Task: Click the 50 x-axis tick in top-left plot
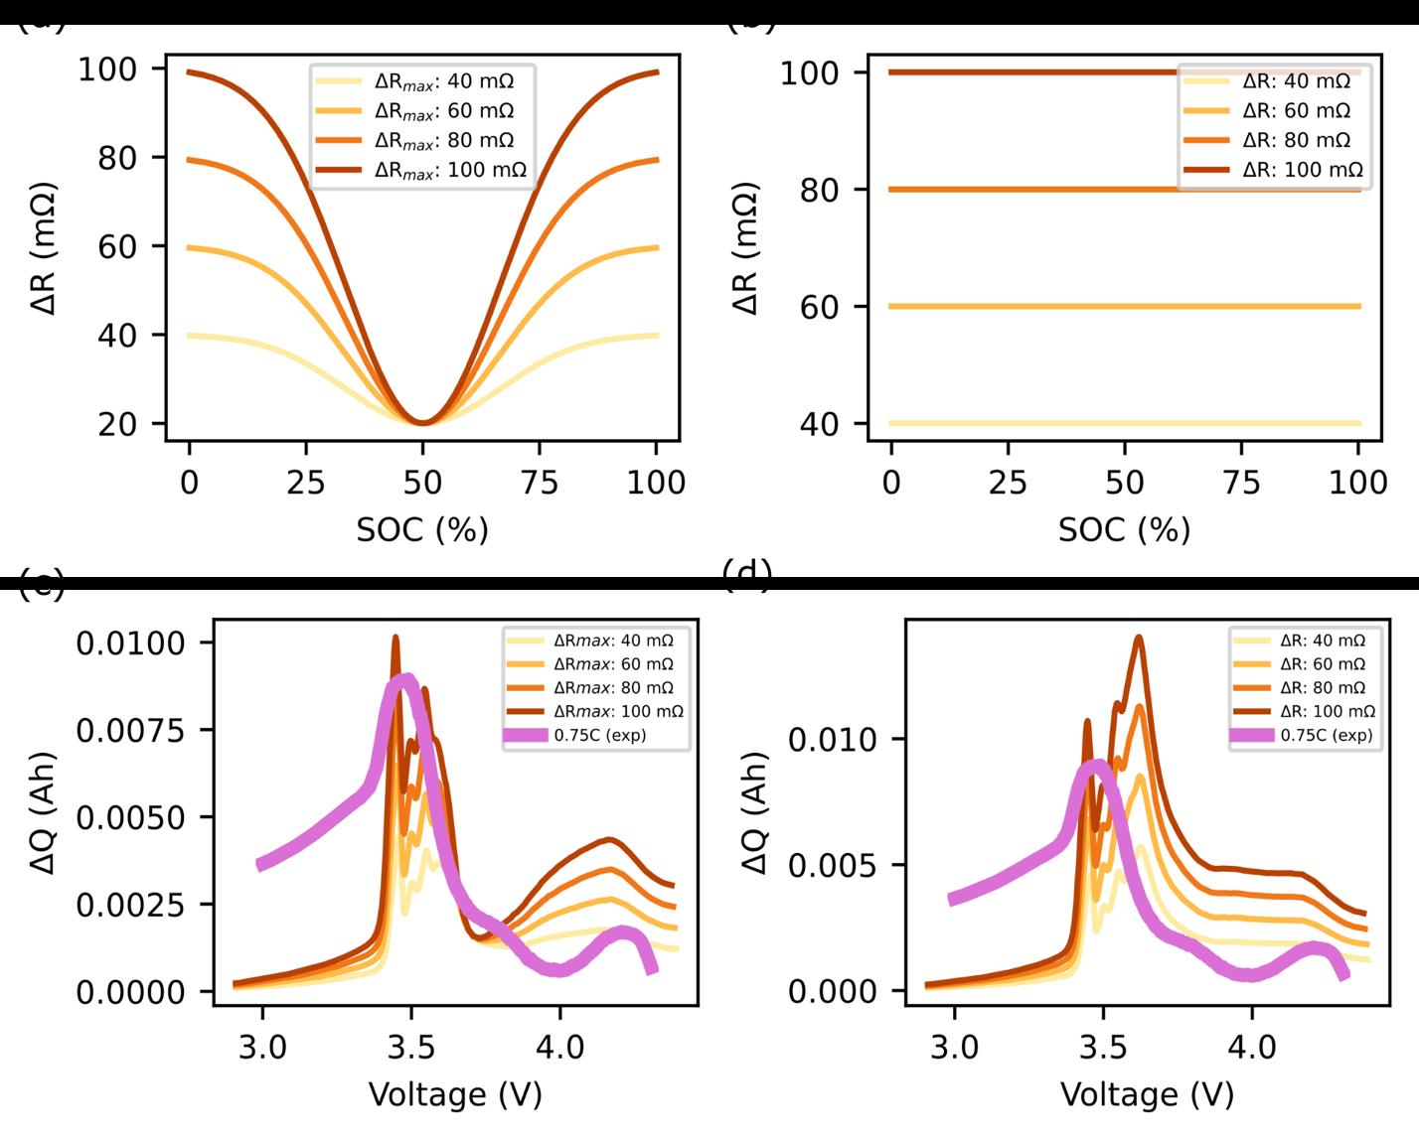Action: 422,483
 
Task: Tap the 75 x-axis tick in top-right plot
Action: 1241,483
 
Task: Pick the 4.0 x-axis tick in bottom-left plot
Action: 559,1048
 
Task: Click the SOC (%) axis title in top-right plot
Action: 1124,529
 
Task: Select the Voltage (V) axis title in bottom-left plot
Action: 455,1094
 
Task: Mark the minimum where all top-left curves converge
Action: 422,423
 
